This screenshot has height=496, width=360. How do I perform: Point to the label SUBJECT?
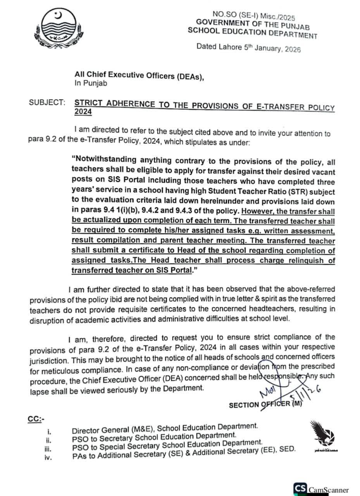(x=47, y=103)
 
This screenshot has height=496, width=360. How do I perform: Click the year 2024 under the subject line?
(x=83, y=112)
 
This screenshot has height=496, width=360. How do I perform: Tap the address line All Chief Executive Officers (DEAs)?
(x=140, y=76)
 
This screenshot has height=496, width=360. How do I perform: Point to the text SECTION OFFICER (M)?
(x=266, y=404)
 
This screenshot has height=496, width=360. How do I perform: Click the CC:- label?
(x=37, y=419)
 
